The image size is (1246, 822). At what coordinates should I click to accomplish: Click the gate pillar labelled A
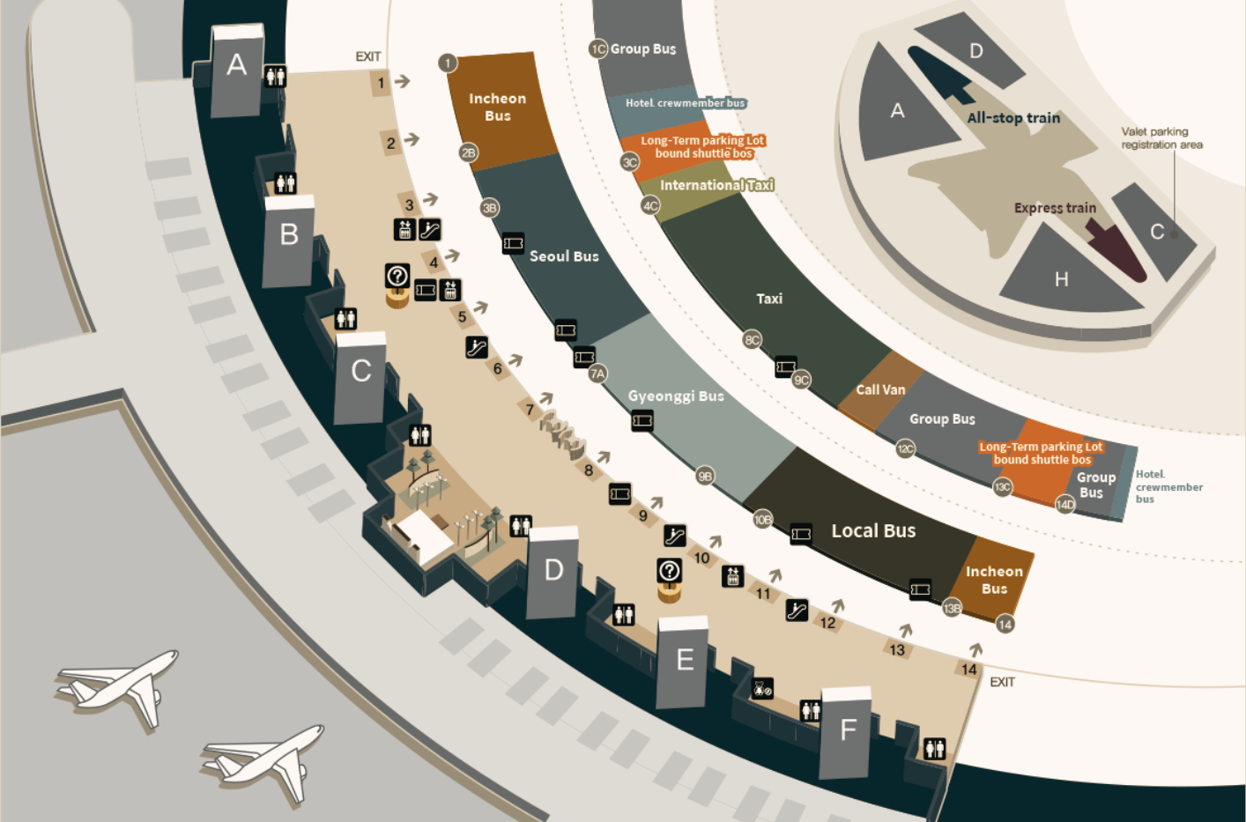[237, 71]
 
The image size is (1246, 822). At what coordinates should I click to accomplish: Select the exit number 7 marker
[530, 410]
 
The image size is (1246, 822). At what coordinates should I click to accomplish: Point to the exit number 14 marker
[968, 670]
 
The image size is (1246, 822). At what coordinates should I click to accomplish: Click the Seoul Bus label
[564, 256]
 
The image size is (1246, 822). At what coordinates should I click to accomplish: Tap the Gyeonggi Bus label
[676, 396]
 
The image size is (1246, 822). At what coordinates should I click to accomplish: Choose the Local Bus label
[873, 530]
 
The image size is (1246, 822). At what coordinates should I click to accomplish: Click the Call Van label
[880, 389]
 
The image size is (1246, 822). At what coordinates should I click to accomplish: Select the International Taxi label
[716, 185]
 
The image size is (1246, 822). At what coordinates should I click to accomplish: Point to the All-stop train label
[1013, 118]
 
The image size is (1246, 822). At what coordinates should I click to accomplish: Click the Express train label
[1055, 208]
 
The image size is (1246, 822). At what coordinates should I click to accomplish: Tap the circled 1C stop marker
[598, 49]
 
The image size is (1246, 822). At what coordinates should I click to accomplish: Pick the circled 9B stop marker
[705, 476]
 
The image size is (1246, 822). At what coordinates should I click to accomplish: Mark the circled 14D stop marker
[1065, 505]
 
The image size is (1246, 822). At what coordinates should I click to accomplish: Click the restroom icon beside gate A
[275, 76]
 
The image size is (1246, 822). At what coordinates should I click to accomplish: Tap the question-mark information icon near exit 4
[397, 276]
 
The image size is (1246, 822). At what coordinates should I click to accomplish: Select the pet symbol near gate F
[762, 689]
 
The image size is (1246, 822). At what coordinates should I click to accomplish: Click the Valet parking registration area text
[1161, 138]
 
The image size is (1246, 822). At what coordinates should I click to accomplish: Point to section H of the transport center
[1061, 278]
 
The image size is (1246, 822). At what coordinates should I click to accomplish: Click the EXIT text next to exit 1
[368, 56]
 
